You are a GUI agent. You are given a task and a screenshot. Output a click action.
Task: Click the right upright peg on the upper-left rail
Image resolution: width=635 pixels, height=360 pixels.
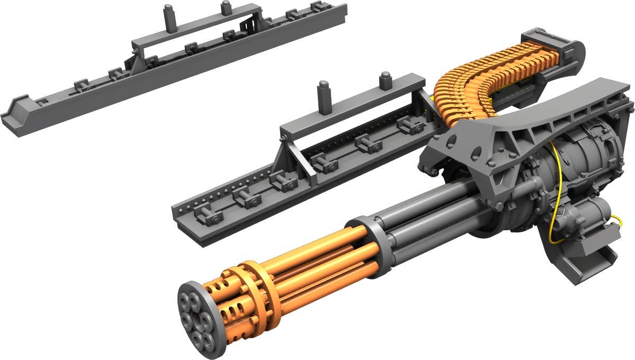[x=226, y=7]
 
